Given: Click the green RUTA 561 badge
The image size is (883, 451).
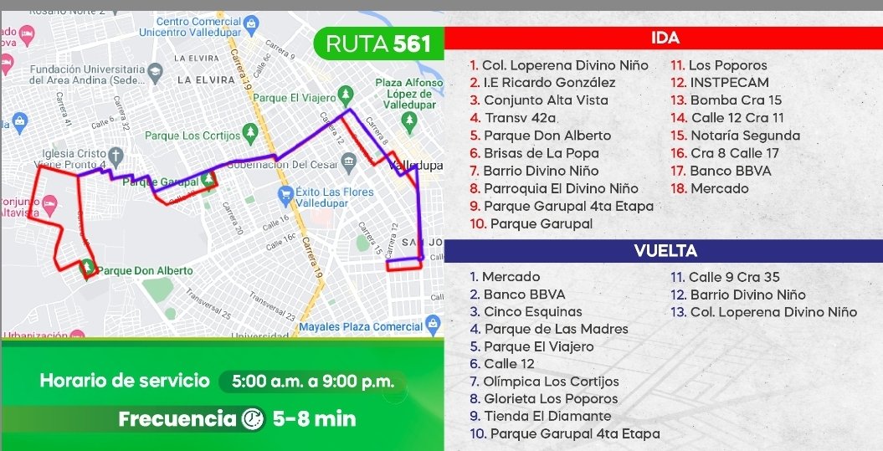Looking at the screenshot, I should coord(377,44).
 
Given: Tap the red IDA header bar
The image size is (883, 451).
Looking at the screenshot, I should coord(663,38).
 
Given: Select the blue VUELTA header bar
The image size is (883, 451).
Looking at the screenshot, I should coord(663,251).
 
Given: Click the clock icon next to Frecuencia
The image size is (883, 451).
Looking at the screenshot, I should coord(252,418).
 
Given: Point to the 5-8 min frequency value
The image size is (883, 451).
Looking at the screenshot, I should coord(315,418).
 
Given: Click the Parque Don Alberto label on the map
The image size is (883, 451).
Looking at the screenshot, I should coord(145,271).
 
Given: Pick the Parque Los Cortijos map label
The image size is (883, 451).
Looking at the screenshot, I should coord(192,136).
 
